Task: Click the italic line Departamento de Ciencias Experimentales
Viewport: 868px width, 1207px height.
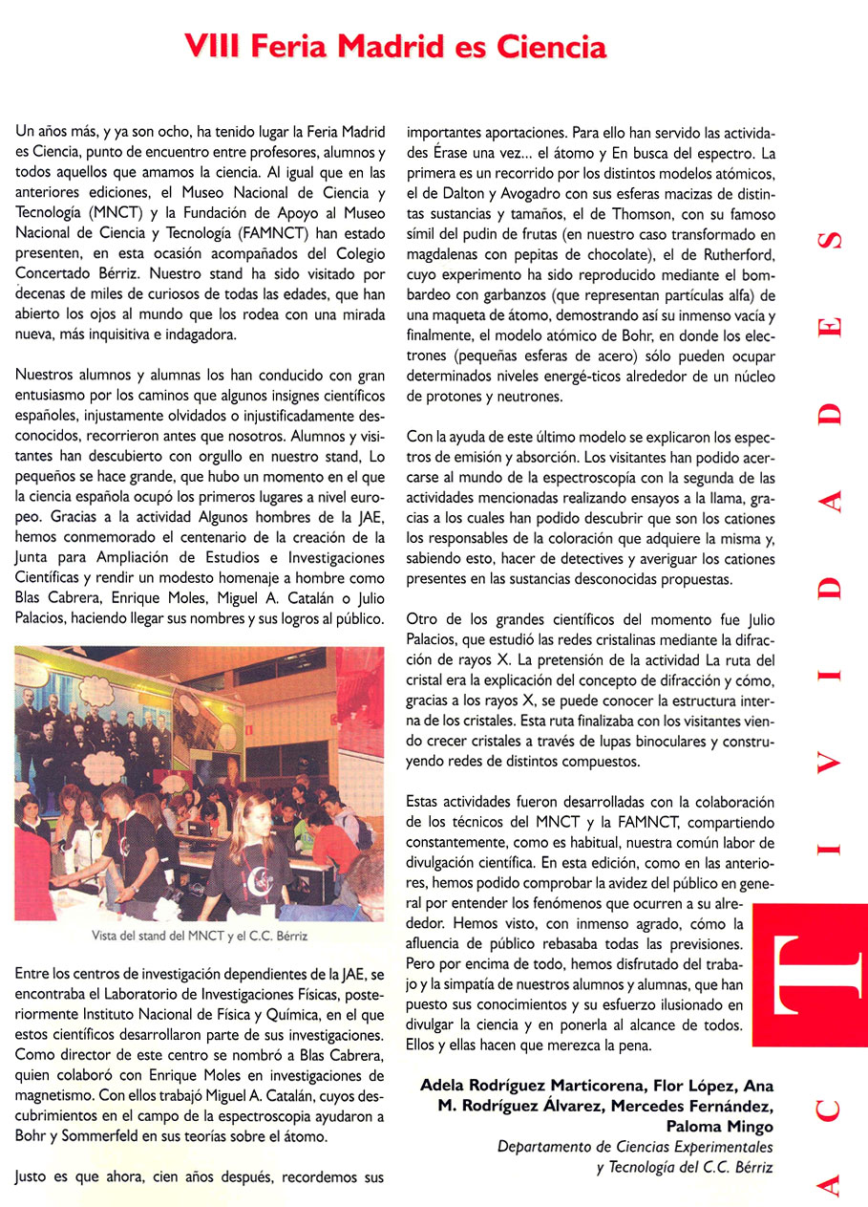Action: pos(634,1146)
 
